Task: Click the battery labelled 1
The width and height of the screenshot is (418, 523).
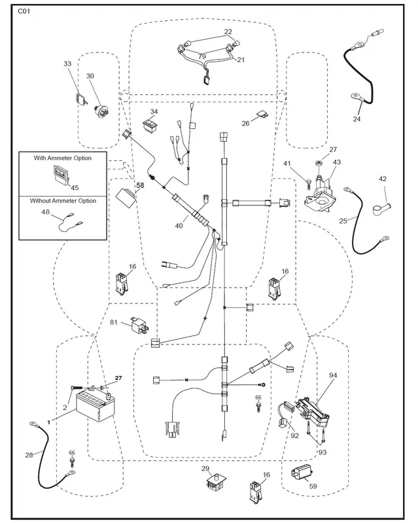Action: (95, 405)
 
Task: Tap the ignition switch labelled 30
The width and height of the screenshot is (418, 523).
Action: (101, 109)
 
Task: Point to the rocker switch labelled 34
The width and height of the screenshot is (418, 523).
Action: (151, 127)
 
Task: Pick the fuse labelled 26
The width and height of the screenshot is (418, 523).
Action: (263, 116)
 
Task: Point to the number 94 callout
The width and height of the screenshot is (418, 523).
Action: (333, 375)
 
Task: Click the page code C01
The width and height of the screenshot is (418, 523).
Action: (24, 11)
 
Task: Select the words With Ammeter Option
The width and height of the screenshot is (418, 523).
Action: (62, 158)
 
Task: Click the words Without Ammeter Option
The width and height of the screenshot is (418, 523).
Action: (63, 201)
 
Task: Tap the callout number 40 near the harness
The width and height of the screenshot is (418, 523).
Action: (179, 226)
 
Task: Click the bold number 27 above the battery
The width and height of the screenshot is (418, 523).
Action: (118, 378)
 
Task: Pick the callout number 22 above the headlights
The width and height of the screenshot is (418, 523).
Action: (228, 31)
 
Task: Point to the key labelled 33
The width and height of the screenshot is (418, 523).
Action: (81, 99)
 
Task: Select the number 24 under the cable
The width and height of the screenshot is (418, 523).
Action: (357, 119)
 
